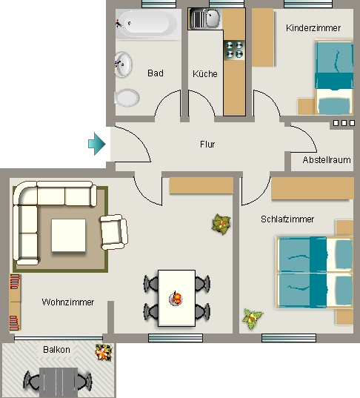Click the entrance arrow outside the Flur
(x=96, y=144)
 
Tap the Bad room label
(x=156, y=73)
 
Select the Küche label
(x=205, y=74)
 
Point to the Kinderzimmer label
(x=313, y=28)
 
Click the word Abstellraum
(x=327, y=160)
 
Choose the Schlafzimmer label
(x=287, y=219)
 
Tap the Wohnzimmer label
(x=67, y=302)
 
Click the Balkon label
(x=56, y=350)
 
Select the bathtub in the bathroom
(x=148, y=24)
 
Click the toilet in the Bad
(x=127, y=98)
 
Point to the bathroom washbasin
(x=123, y=64)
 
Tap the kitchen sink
(x=206, y=19)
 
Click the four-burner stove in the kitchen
(x=234, y=50)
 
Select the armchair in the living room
(x=114, y=232)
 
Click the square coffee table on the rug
(x=68, y=235)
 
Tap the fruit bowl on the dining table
(x=176, y=298)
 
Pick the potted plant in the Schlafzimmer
(x=253, y=319)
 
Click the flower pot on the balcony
(x=103, y=352)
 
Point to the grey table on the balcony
(x=59, y=382)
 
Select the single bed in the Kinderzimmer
(x=334, y=77)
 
